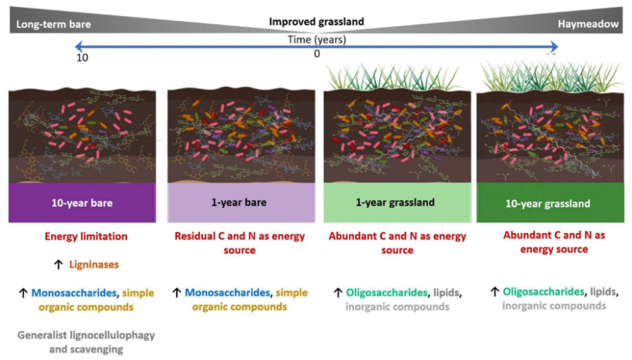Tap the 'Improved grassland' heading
pyautogui.click(x=317, y=22)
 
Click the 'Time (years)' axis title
pyautogui.click(x=317, y=39)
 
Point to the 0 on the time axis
pyautogui.click(x=317, y=54)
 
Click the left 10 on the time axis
pyautogui.click(x=82, y=57)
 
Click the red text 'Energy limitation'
pyautogui.click(x=84, y=236)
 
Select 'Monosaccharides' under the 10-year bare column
pyautogui.click(x=72, y=293)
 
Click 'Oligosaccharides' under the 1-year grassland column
pyautogui.click(x=384, y=293)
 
